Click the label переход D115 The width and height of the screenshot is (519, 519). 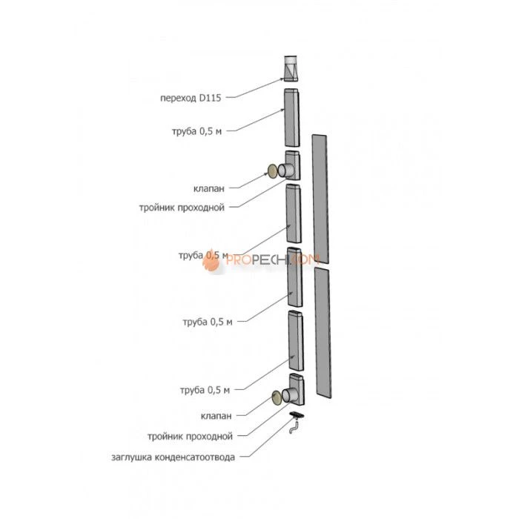click(191, 97)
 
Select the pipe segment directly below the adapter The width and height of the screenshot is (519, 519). click(293, 118)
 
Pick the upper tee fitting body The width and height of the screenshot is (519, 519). click(292, 166)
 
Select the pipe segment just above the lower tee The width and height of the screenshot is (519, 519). click(296, 340)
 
